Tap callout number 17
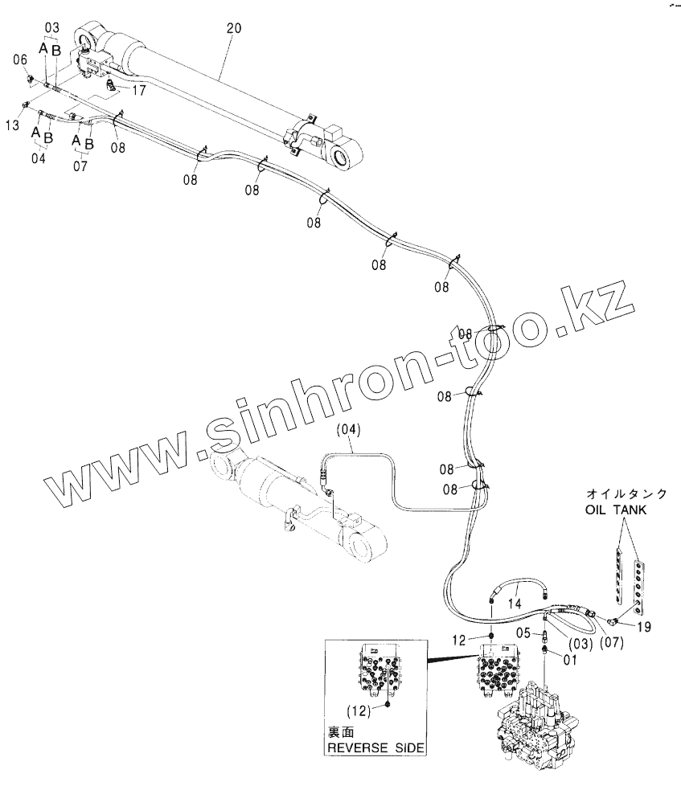click(139, 91)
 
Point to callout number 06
click(21, 59)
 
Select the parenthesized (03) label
click(580, 644)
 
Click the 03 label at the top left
click(51, 28)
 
